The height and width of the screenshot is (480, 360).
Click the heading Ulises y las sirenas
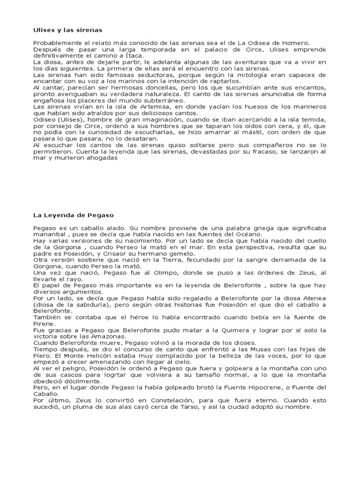(67, 30)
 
